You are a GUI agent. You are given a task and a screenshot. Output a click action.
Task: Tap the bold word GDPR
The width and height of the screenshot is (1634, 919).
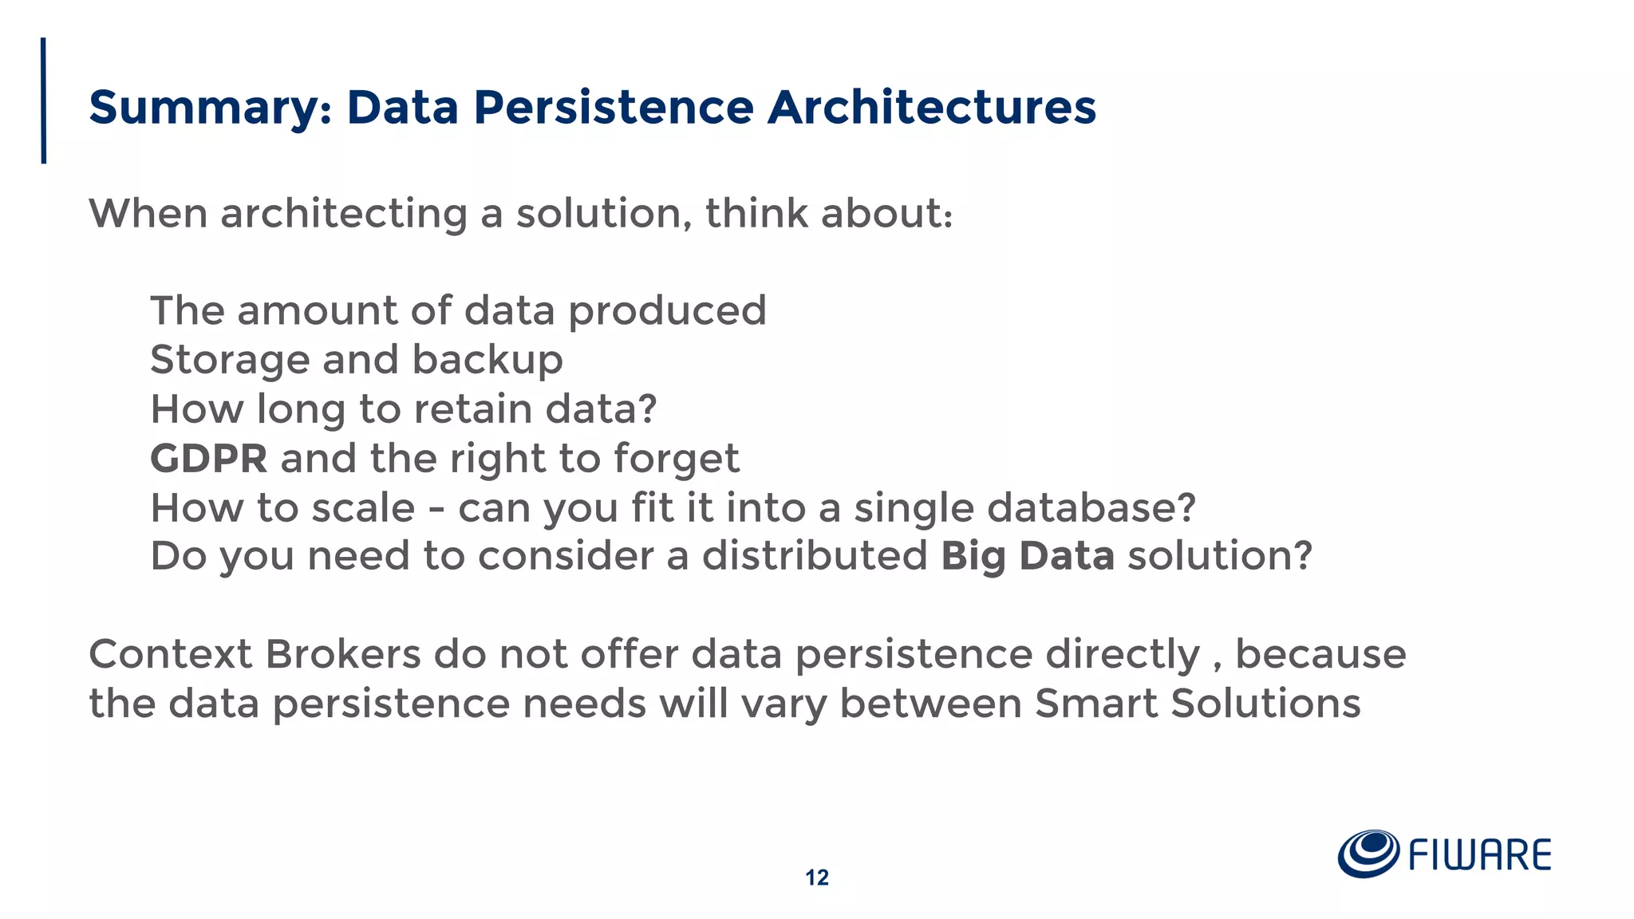click(208, 459)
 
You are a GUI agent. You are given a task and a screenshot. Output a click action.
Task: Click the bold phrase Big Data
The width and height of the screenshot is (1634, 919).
click(1027, 556)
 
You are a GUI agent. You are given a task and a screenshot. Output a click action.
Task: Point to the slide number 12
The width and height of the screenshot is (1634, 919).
click(816, 878)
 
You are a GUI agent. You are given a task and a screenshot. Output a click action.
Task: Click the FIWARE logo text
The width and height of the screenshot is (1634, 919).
click(1479, 855)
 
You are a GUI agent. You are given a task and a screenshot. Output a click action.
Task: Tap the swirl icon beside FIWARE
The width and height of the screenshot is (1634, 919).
click(1368, 854)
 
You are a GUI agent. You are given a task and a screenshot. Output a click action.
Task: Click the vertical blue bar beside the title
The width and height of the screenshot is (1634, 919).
click(44, 101)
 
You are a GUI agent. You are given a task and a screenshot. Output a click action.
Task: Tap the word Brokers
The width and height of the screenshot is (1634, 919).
click(342, 655)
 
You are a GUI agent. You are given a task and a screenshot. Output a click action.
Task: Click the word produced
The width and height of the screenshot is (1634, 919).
click(667, 311)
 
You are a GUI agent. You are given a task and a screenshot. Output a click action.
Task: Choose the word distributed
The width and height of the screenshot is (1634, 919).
click(814, 556)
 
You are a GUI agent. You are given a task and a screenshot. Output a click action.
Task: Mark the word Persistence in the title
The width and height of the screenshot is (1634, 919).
click(613, 108)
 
